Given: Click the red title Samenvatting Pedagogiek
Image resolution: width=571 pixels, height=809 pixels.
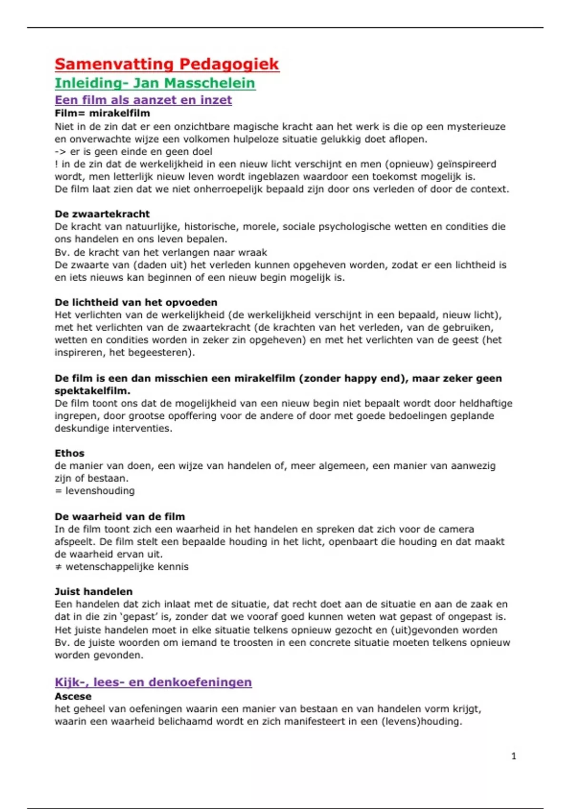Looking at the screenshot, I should (x=167, y=64).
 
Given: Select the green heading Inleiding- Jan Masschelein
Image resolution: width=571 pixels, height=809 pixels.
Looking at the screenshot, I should (x=155, y=83).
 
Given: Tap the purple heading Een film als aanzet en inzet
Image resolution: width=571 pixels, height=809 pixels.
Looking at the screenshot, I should (x=143, y=100).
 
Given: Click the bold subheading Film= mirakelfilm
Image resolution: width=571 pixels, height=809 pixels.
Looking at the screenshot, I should (x=102, y=113).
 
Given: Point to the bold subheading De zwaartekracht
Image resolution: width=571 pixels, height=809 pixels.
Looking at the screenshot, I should (x=102, y=214).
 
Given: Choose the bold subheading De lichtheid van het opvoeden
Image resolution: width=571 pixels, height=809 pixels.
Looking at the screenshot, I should (x=136, y=302).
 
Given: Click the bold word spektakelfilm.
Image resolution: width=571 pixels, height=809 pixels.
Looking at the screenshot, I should (x=92, y=391).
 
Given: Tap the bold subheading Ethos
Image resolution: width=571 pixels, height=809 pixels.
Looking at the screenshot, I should (x=69, y=453).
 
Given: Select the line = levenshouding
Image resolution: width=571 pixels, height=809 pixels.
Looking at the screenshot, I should (x=95, y=491).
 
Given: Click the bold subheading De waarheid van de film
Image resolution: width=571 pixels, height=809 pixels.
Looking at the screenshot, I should (x=120, y=516).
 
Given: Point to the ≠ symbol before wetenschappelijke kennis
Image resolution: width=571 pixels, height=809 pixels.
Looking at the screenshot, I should (x=58, y=567).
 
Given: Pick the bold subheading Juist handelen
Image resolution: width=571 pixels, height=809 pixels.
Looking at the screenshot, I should (x=94, y=592).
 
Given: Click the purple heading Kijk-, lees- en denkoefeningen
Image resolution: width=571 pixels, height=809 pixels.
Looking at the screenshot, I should (x=153, y=682).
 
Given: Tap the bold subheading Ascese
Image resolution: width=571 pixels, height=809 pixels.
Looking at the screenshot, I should (x=73, y=696).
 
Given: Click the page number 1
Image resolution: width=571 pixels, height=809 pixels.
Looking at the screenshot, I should (x=513, y=756).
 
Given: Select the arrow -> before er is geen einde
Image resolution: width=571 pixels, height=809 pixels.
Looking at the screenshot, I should (x=60, y=152).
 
